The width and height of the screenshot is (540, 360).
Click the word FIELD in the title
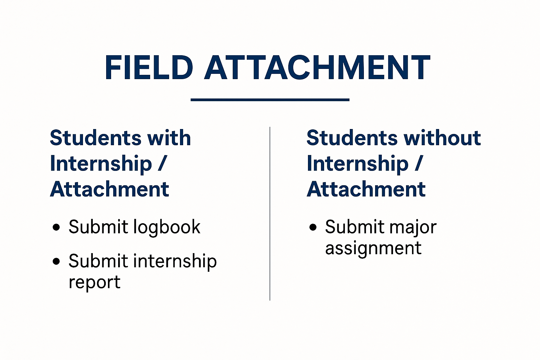149,67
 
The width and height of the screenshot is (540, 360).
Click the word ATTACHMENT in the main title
317,67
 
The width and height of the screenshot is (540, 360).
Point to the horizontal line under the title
270,100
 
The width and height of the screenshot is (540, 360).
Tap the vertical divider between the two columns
270,214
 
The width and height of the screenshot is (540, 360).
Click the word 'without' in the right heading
442,138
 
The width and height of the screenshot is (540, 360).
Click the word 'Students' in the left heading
96,138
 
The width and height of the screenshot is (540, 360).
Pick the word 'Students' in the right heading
352,138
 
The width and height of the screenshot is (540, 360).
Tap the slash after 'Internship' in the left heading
162,163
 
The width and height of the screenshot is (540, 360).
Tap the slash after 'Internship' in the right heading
419,163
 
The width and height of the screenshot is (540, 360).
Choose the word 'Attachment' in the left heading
109,189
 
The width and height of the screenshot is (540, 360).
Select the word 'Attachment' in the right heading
366,189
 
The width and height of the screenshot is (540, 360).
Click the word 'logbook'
167,227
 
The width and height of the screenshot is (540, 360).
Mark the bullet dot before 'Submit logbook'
56,227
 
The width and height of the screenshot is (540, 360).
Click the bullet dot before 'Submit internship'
56,261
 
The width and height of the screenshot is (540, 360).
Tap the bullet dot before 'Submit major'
313,227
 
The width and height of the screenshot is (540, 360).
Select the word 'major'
413,227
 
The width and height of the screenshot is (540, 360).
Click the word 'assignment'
373,248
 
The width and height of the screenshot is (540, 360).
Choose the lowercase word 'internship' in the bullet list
175,262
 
